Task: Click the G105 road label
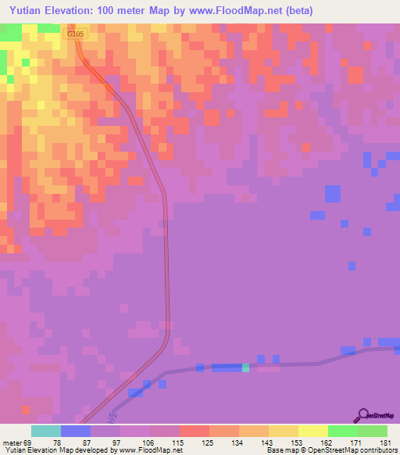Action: pos(76,34)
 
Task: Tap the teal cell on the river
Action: pos(245,367)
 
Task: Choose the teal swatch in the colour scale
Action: pos(46,431)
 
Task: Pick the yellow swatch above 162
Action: pos(313,431)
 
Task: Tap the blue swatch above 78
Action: pos(76,431)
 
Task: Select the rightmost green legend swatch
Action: pos(373,431)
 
